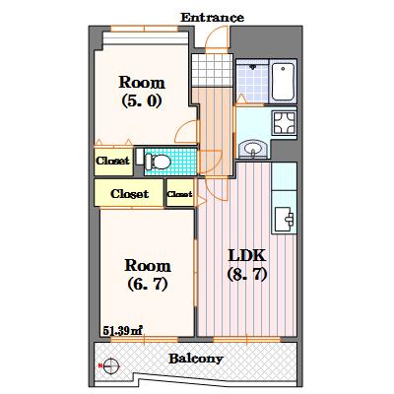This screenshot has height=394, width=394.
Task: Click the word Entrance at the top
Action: pyautogui.click(x=212, y=18)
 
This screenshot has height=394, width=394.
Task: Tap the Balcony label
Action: pyautogui.click(x=196, y=359)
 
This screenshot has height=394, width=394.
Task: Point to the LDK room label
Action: pyautogui.click(x=246, y=255)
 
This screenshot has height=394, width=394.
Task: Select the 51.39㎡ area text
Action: pyautogui.click(x=122, y=330)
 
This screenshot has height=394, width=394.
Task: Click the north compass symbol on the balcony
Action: pyautogui.click(x=110, y=365)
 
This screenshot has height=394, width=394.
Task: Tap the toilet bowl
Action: pyautogui.click(x=159, y=162)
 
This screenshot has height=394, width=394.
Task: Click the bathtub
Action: pyautogui.click(x=283, y=82)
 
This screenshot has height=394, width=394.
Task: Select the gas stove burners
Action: pyautogui.click(x=285, y=123)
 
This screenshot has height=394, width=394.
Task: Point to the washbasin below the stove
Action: pyautogui.click(x=253, y=150)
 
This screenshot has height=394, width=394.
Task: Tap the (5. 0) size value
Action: pyautogui.click(x=142, y=101)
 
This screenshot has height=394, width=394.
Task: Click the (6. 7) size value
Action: pyautogui.click(x=148, y=284)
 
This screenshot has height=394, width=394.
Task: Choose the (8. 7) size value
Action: pyautogui.click(x=246, y=275)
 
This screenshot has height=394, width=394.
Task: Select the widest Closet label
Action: pyautogui.click(x=129, y=194)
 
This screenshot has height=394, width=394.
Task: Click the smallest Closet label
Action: pyautogui.click(x=179, y=194)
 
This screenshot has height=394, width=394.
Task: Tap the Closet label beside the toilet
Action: pyautogui.click(x=112, y=161)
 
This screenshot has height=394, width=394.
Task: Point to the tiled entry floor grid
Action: pyautogui.click(x=212, y=70)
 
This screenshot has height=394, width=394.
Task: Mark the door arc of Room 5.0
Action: pyautogui.click(x=184, y=131)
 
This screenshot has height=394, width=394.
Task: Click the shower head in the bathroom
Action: pyautogui.click(x=253, y=67)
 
